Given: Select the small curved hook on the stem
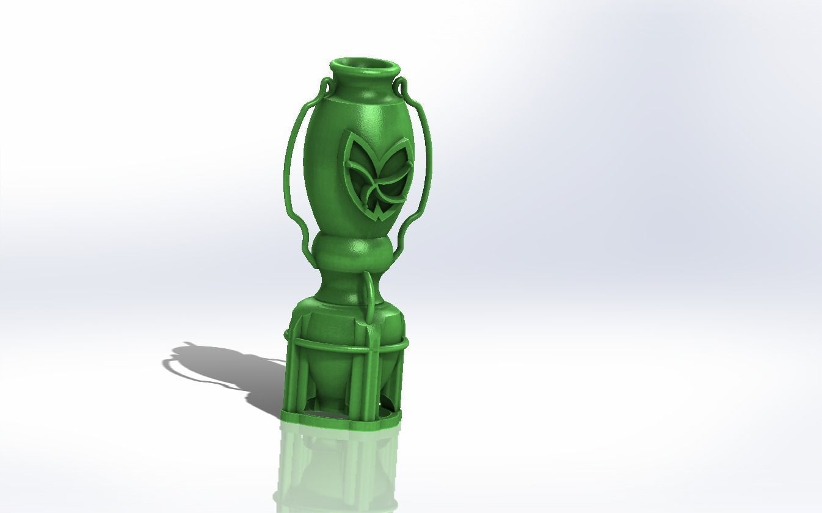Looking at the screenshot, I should click(370, 293).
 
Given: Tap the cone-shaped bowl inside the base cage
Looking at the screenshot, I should click(330, 378).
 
